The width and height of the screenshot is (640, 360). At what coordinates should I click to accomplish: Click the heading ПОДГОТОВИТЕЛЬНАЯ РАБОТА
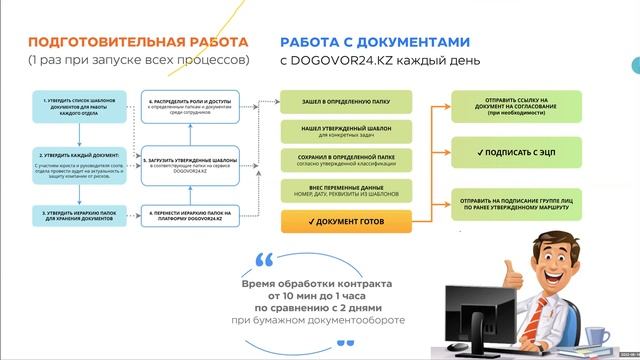(x=138, y=43)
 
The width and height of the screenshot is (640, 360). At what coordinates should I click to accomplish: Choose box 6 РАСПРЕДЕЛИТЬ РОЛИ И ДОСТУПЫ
(x=191, y=105)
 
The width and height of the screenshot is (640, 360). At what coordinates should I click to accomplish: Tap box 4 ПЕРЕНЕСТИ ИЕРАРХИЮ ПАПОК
(x=191, y=215)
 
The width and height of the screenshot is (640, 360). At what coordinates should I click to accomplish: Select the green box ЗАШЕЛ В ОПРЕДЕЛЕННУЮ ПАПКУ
(x=344, y=103)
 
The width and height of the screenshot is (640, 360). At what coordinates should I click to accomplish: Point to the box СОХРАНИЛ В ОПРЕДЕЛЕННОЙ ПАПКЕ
(x=344, y=160)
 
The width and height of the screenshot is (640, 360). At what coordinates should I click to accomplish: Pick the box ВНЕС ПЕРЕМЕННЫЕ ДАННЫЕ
(x=344, y=189)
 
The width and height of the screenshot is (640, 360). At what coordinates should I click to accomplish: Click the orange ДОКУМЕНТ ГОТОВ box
(x=344, y=219)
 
